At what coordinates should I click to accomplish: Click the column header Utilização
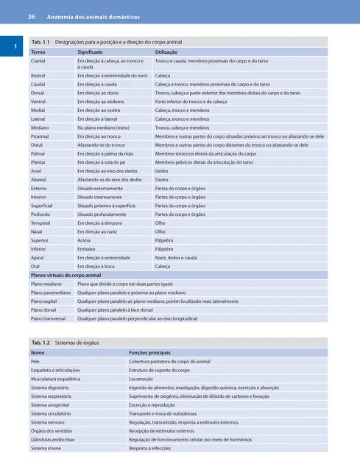[x=169, y=53]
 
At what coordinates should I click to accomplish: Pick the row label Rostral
[x=38, y=75]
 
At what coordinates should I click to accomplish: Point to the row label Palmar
[x=38, y=153]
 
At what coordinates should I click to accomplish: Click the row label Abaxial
[x=39, y=180]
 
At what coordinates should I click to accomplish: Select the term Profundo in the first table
[x=40, y=214]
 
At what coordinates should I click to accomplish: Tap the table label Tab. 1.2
[x=40, y=343]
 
